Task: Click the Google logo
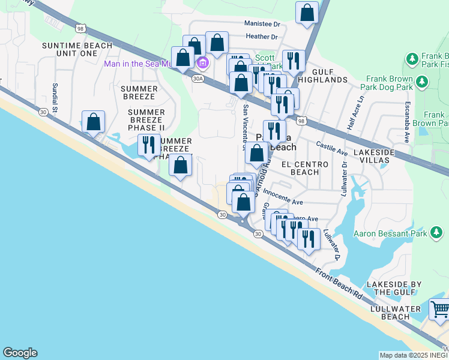pos(20,353)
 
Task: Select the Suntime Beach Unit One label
pos(77,49)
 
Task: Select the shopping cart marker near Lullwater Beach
pos(440,310)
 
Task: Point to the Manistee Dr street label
pos(262,24)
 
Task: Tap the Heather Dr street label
pos(262,37)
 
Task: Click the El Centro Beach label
pos(305,168)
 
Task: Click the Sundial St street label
pos(54,98)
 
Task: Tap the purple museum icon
pos(203,63)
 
